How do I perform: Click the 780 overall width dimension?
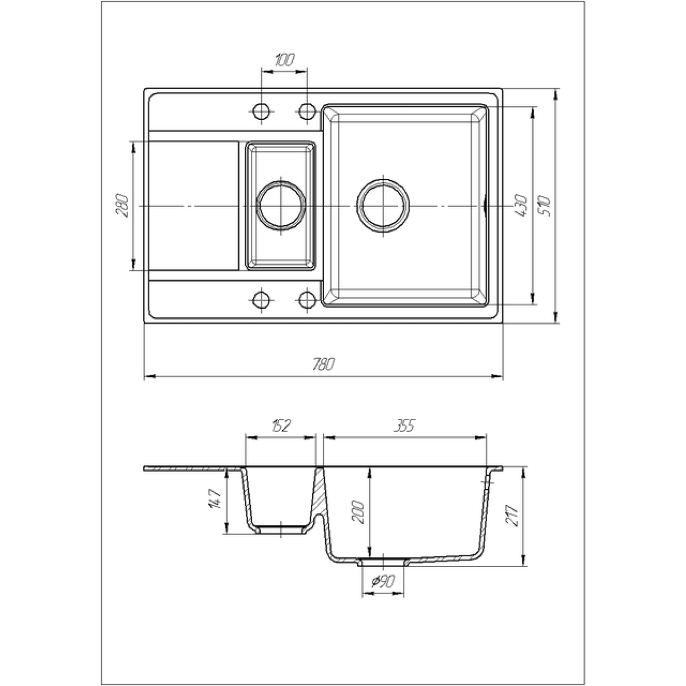pos(324,364)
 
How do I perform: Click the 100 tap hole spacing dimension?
pos(285,60)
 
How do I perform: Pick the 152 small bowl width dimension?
pos(281,425)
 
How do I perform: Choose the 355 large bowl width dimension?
pos(405,425)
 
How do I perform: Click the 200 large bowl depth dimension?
pos(358,512)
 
